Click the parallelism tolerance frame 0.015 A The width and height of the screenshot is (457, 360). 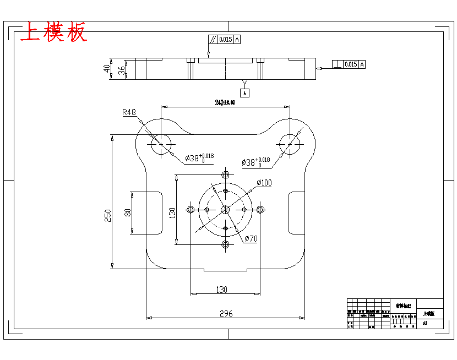click(225, 40)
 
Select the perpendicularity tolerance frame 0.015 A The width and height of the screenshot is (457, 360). click(349, 64)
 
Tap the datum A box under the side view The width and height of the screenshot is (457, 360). click(246, 93)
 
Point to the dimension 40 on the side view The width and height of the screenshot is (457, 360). click(107, 69)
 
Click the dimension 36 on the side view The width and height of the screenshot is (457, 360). click(121, 70)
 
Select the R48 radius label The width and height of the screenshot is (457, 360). click(129, 112)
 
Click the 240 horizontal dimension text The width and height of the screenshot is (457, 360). click(225, 102)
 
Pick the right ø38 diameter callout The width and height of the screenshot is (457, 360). click(256, 162)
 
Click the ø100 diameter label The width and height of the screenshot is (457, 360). click(264, 183)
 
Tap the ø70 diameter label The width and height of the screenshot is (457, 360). click(251, 238)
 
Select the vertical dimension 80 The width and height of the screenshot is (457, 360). click(128, 212)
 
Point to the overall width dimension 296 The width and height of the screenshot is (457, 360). click(226, 314)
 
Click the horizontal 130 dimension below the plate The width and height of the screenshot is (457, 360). click(221, 289)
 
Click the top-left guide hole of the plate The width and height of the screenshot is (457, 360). click(161, 144)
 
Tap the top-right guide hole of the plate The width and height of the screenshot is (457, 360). click(290, 145)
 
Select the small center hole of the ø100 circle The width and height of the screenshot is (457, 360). click(225, 209)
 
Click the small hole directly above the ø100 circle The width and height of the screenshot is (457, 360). click(225, 174)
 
